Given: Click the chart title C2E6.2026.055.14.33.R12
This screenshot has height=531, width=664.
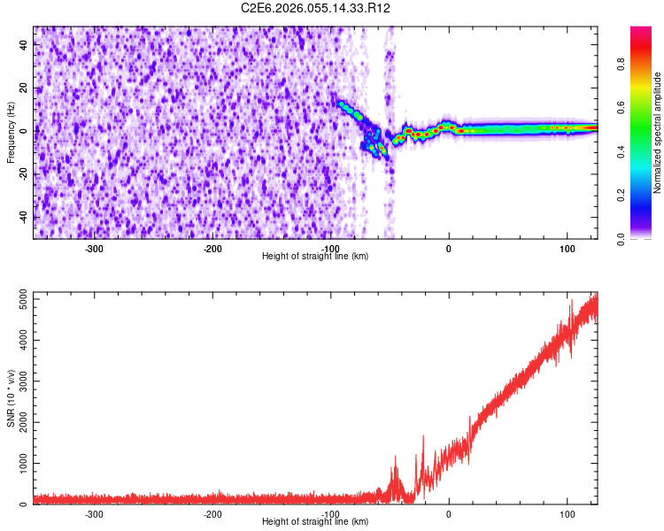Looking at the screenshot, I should (x=316, y=8).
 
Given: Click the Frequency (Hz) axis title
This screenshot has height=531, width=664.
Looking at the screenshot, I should (x=12, y=133).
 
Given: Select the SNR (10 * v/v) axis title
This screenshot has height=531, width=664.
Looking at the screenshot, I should (x=12, y=397).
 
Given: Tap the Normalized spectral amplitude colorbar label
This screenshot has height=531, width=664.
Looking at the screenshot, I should (x=658, y=133).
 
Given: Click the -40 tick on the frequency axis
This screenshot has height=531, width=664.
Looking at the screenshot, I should (x=26, y=218).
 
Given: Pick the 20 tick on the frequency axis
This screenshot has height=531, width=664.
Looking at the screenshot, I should (x=26, y=88).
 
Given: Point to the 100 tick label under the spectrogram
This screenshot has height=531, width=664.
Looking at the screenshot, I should (x=567, y=248).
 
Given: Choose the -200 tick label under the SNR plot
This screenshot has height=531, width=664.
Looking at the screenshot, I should (x=212, y=513).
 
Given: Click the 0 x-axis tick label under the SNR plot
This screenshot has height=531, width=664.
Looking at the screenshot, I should (x=448, y=513).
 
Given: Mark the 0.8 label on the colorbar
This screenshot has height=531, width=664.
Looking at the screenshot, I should (x=622, y=65).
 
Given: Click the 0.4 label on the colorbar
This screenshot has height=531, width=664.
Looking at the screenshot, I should (x=622, y=151).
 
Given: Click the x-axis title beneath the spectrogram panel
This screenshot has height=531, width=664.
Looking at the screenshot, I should (x=315, y=256).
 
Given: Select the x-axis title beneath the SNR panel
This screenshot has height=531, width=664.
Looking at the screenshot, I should (x=315, y=521).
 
